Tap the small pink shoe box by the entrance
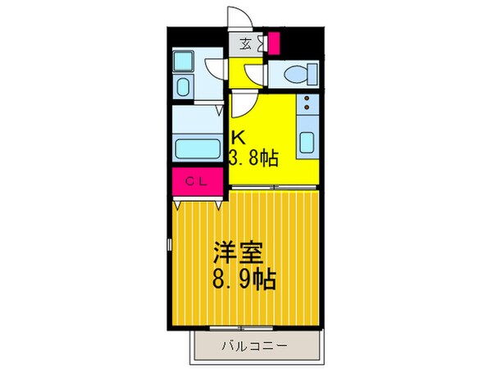point(273,43)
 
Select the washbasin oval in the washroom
point(183,87)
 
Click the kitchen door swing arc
point(245,105)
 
